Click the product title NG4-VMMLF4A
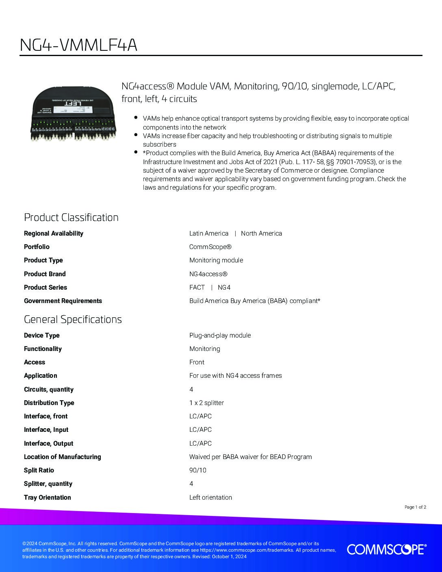(78, 45)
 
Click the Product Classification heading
(71, 217)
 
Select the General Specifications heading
(73, 319)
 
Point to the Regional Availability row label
(54, 233)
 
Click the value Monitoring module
(216, 260)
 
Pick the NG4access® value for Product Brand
(208, 274)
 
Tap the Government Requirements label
(63, 301)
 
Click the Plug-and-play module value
(220, 335)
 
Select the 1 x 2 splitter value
(206, 403)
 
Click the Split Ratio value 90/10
(198, 470)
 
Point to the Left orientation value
(210, 497)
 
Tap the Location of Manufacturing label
(63, 457)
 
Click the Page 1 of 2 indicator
(415, 507)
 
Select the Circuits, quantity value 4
(191, 389)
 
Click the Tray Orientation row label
(47, 497)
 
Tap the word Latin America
(209, 233)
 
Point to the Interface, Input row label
(46, 429)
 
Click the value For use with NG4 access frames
(235, 375)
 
